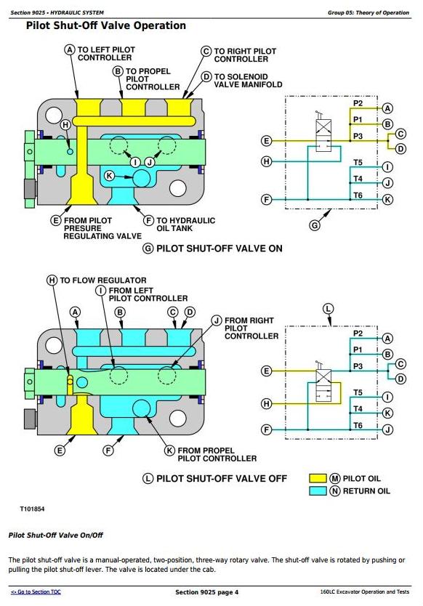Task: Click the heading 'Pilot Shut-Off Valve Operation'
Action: [x=106, y=25]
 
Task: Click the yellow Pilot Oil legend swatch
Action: [x=318, y=478]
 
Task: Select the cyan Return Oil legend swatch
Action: [x=318, y=490]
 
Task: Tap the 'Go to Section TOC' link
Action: [x=36, y=591]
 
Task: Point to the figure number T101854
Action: [x=32, y=509]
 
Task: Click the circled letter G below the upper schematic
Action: [x=315, y=225]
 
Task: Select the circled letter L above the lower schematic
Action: [x=328, y=309]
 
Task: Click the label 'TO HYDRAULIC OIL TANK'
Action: [x=185, y=225]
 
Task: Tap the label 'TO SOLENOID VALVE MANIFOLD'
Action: [x=249, y=81]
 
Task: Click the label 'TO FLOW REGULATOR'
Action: [x=103, y=280]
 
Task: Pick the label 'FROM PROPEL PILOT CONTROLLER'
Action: [x=217, y=455]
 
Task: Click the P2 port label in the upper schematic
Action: [x=358, y=103]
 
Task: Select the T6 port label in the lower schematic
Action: [x=358, y=425]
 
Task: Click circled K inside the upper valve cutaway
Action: [x=110, y=176]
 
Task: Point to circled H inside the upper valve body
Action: [x=65, y=125]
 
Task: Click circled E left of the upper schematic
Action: [x=267, y=141]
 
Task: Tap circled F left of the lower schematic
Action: [x=267, y=429]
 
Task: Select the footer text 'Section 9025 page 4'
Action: [x=207, y=592]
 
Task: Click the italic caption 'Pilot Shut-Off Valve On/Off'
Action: [x=56, y=536]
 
